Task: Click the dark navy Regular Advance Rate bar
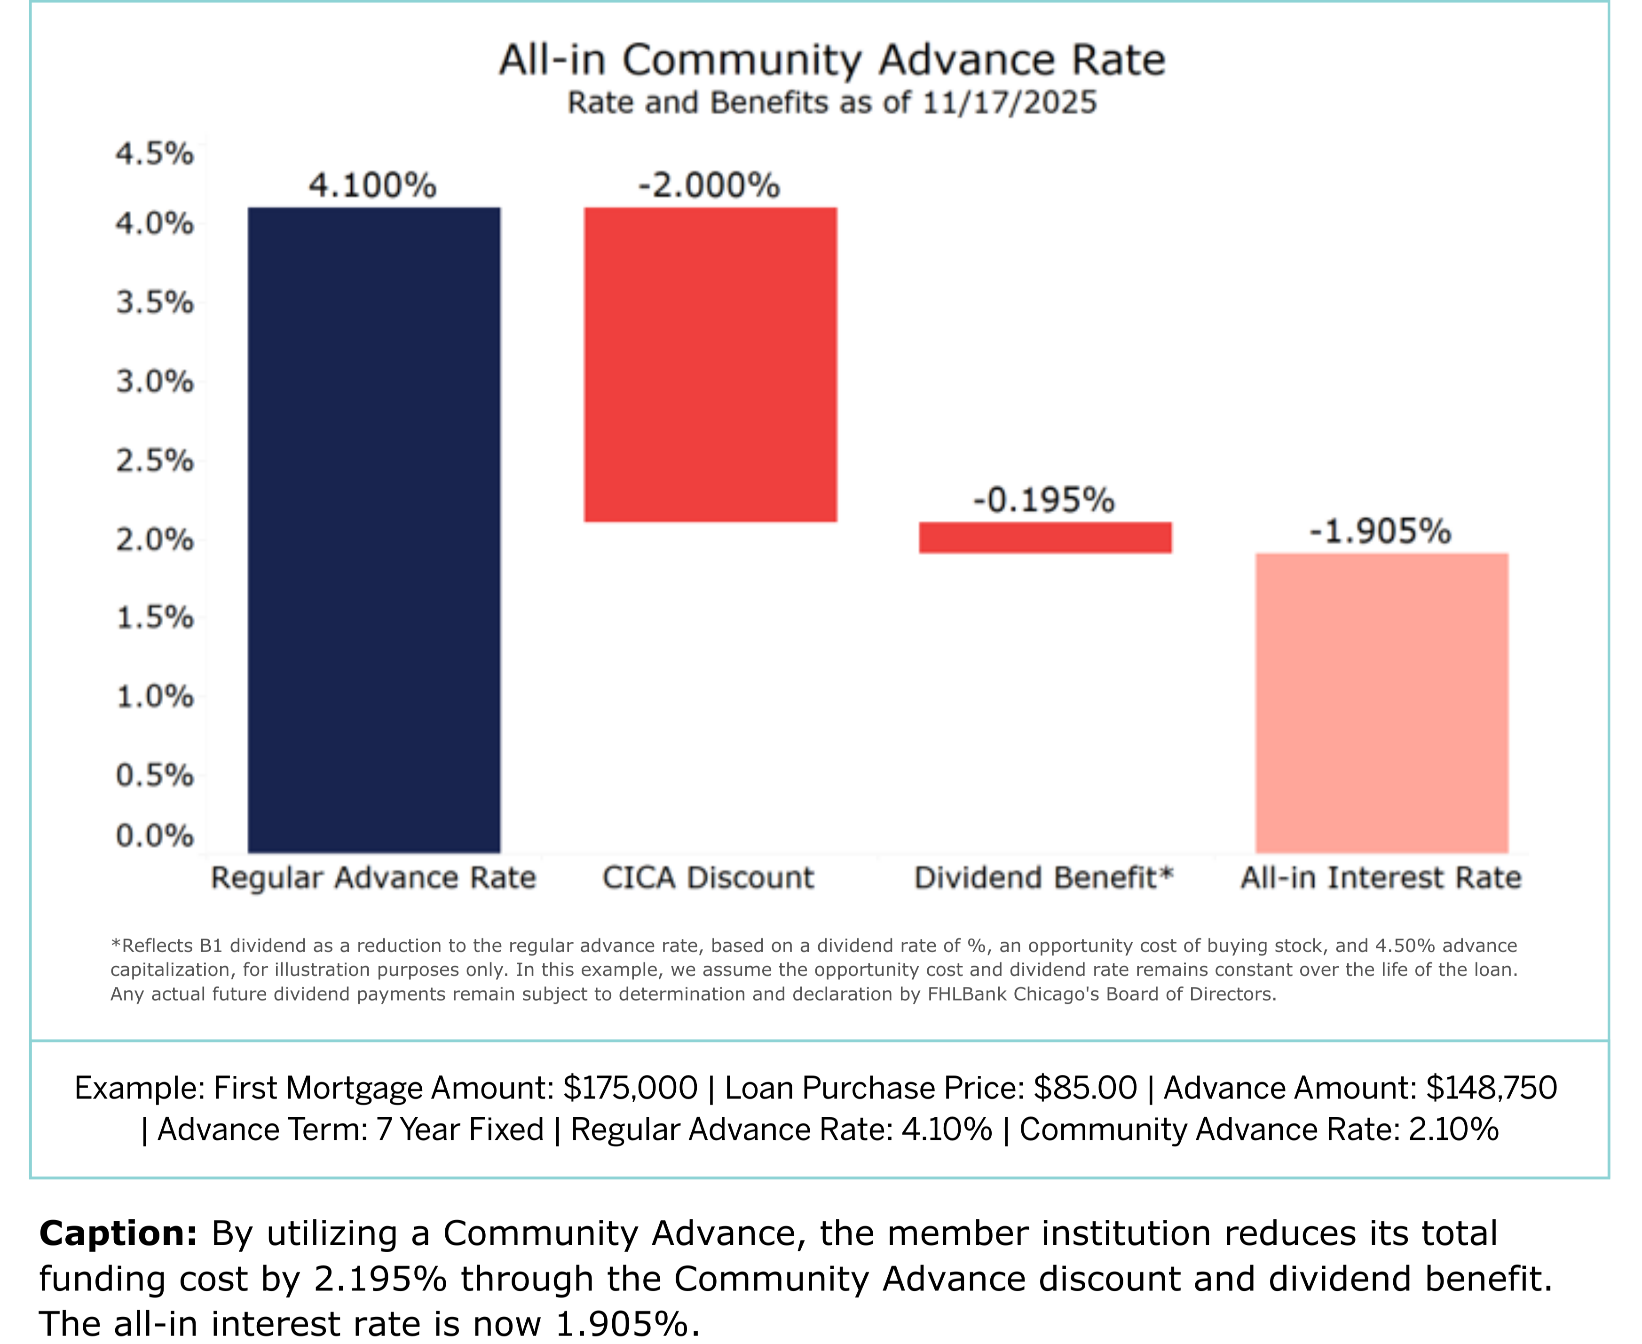click(x=374, y=530)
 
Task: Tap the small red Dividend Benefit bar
click(x=1045, y=537)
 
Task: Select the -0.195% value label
click(x=1044, y=500)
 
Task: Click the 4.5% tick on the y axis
click(x=155, y=153)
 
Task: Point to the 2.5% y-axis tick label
click(x=155, y=461)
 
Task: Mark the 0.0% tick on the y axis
click(x=155, y=836)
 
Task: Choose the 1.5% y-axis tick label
click(x=155, y=618)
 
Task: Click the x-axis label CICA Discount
click(x=708, y=878)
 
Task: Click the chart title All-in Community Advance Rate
click(x=832, y=60)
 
